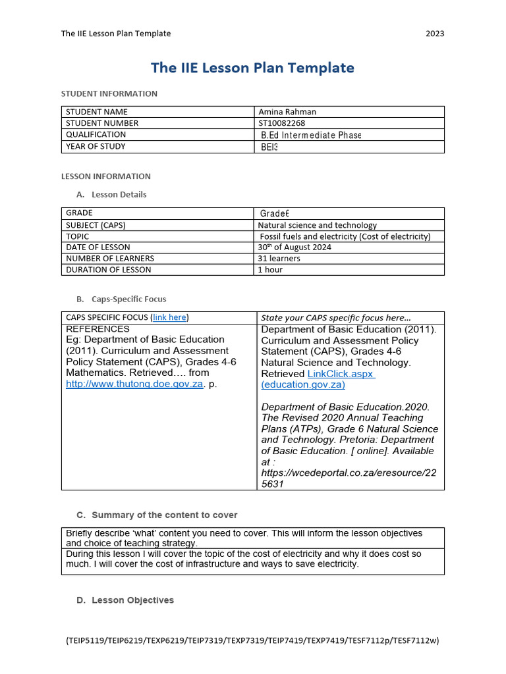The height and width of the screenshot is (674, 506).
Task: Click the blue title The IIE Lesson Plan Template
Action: point(252,68)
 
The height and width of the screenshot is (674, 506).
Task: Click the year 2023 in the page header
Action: point(435,34)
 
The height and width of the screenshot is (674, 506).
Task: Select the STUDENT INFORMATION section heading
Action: point(109,93)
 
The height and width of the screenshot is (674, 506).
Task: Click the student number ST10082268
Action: point(282,123)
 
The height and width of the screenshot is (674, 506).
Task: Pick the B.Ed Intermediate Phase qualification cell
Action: point(311,135)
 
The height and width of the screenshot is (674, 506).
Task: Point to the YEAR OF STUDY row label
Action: point(96,147)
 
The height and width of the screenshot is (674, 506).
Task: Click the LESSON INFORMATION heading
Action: point(106,176)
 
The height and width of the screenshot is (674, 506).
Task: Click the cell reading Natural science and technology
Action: point(318,225)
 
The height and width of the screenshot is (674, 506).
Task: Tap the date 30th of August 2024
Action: point(295,247)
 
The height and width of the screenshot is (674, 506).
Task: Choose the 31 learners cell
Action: point(279,259)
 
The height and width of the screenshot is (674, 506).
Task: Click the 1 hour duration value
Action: point(270,270)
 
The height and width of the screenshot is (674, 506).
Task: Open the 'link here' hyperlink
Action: point(169,317)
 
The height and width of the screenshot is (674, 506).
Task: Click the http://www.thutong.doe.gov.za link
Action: point(134,384)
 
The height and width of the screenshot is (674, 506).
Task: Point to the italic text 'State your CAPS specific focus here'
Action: point(335,318)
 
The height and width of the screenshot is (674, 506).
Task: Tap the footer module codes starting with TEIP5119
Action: point(252,640)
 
